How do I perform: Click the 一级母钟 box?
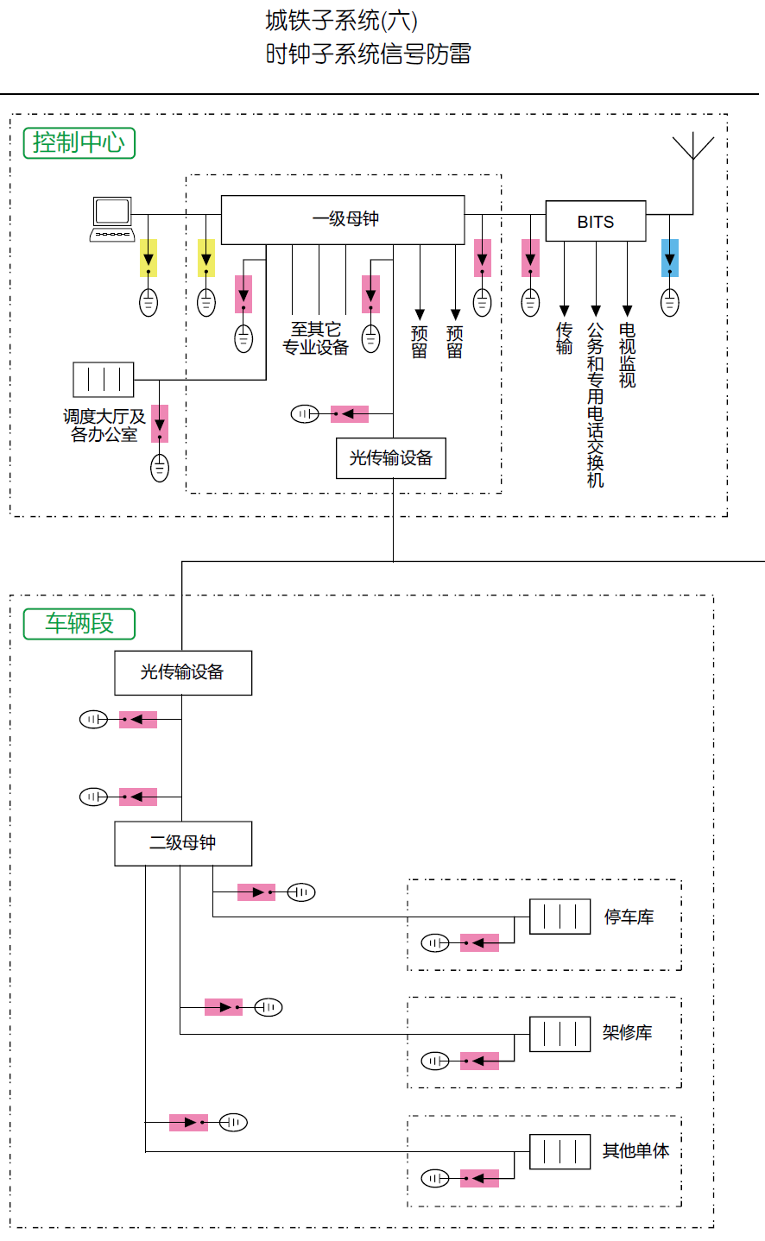343,220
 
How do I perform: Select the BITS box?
596,222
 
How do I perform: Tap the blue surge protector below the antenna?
670,258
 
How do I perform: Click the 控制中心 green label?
79,142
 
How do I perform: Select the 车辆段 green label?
79,623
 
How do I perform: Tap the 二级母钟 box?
183,843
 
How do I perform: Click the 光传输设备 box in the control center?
391,458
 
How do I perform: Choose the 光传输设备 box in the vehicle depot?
183,672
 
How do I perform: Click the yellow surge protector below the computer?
149,258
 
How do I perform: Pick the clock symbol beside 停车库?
560,917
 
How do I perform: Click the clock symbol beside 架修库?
560,1034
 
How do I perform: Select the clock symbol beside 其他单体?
560,1151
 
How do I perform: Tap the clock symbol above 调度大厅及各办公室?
104,380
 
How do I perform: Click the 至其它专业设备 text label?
316,338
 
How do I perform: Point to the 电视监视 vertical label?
628,355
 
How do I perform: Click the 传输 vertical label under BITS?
565,338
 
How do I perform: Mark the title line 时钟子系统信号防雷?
369,54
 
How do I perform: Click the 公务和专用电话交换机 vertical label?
596,405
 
